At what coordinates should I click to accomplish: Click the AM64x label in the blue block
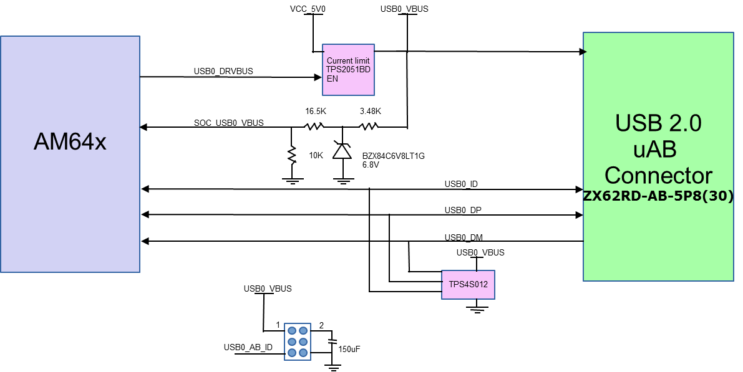pos(70,142)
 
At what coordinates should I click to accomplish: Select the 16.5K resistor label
pos(316,112)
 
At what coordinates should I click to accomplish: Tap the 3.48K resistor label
pos(371,112)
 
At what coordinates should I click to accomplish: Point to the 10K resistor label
pos(316,156)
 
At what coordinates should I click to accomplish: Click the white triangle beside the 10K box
pos(342,153)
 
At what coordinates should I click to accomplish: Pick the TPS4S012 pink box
pos(468,285)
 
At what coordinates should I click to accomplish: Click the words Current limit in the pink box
pos(348,60)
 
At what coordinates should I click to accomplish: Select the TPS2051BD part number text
pos(348,70)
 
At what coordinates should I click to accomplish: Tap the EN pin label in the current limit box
pos(333,79)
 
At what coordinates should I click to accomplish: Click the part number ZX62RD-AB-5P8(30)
pos(658,196)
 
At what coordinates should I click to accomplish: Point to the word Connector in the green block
pos(658,175)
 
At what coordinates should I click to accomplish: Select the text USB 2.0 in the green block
pos(658,123)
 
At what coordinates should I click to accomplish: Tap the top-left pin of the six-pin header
pos(292,331)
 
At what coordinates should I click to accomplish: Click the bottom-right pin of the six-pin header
pos(303,353)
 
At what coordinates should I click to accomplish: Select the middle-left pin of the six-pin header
pos(292,342)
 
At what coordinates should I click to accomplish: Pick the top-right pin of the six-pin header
pos(303,331)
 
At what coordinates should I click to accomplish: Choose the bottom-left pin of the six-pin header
pos(292,353)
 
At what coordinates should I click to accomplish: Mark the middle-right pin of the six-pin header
pos(303,342)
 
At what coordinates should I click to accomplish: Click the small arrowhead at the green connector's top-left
pos(585,52)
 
